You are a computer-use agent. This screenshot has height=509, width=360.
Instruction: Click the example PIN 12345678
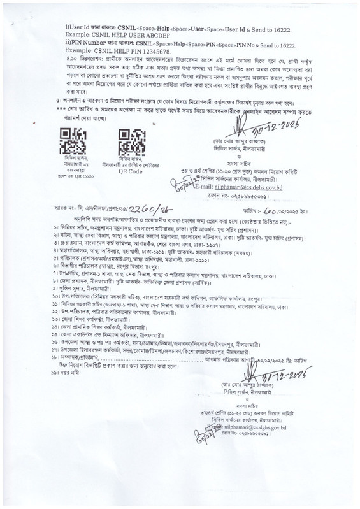coord(150,51)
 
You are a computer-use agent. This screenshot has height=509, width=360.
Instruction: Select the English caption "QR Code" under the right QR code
coord(131,171)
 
